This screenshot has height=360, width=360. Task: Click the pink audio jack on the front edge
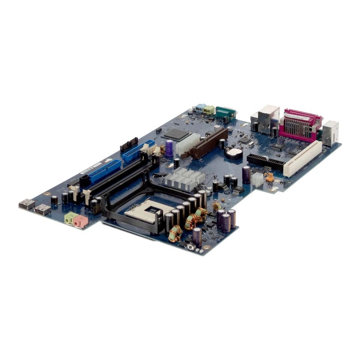[80, 221]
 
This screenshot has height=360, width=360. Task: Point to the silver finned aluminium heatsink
[184, 178]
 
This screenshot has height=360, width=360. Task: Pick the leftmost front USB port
[27, 204]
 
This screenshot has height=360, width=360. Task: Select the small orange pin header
[269, 177]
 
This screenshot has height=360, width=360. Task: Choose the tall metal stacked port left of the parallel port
[268, 119]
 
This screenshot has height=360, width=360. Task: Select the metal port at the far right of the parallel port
[330, 133]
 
